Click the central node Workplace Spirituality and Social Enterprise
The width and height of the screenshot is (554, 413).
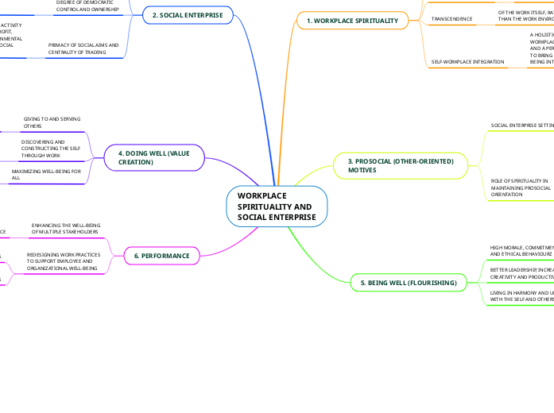(x=277, y=206)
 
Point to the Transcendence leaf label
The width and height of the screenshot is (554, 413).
(x=451, y=18)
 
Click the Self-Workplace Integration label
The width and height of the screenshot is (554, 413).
(x=467, y=61)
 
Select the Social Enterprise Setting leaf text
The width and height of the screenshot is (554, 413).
(x=521, y=125)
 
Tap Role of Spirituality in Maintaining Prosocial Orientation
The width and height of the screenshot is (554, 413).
(x=521, y=187)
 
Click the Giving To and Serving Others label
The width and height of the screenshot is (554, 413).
(x=52, y=122)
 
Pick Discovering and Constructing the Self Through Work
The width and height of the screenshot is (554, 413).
(x=50, y=149)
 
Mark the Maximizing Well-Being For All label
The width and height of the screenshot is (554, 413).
(x=46, y=175)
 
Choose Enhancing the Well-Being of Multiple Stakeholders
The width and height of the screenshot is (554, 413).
(x=65, y=229)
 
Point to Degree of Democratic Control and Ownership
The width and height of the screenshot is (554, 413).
(x=87, y=6)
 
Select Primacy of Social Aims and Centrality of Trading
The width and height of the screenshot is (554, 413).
(x=83, y=49)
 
